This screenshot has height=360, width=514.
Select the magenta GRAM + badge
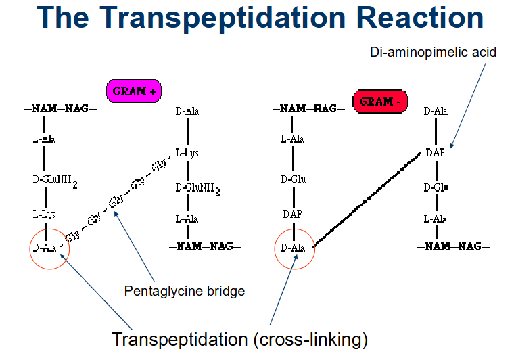[x=134, y=91]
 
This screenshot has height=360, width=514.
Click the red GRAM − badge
[x=380, y=102]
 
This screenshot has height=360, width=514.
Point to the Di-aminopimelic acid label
[x=433, y=51]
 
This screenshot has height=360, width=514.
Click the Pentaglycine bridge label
[x=185, y=292]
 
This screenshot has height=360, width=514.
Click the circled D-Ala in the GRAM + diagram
[x=44, y=248]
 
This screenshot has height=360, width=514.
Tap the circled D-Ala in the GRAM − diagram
[x=293, y=248]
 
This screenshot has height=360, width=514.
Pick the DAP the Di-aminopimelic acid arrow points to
[x=434, y=153]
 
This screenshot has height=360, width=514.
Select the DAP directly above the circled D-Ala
[x=292, y=215]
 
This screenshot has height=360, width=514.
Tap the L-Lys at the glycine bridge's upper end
[x=187, y=153]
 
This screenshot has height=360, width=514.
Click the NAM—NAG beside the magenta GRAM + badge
[x=61, y=108]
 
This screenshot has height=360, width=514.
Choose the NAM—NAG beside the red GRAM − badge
[x=308, y=108]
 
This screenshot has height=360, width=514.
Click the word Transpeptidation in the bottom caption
[x=179, y=338]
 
